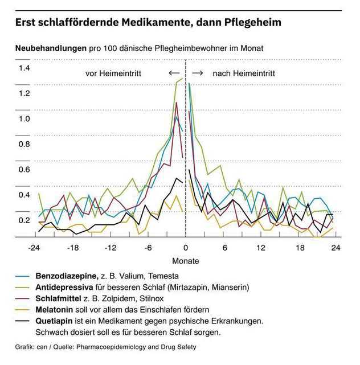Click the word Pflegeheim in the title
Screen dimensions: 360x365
[253, 23]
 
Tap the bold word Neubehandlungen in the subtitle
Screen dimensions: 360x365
[51, 48]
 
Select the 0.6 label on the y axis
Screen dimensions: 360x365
[24, 170]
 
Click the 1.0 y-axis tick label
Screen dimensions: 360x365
[24, 118]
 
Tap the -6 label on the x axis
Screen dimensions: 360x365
[148, 248]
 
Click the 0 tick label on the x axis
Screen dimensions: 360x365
[186, 248]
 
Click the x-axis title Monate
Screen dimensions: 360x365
[186, 261]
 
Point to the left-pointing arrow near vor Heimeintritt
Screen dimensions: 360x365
[174, 73]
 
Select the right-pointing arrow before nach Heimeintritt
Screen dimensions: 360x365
[198, 73]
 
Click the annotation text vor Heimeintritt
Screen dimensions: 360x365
[113, 73]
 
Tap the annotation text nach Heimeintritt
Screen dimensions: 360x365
[244, 73]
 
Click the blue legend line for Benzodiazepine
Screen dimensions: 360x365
[22, 276]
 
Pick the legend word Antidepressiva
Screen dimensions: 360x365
[64, 288]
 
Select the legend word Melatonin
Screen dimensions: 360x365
[54, 310]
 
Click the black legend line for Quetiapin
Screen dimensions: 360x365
[22, 321]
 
